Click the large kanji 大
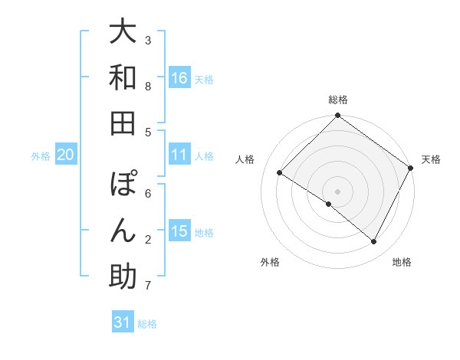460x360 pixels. click(x=123, y=32)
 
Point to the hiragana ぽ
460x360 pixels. click(x=123, y=185)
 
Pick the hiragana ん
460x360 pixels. click(x=123, y=230)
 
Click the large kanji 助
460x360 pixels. click(x=123, y=277)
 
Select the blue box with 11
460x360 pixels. click(x=179, y=155)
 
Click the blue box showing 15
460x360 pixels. click(x=179, y=231)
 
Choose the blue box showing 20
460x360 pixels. click(x=66, y=155)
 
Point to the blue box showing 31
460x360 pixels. click(x=123, y=322)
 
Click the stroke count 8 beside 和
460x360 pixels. click(x=148, y=87)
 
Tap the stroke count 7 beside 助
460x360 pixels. click(x=148, y=286)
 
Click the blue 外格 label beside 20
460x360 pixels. click(x=41, y=155)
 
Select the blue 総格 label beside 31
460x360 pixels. click(x=147, y=323)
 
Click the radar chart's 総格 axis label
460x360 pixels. click(x=338, y=100)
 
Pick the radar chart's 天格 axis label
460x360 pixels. click(x=431, y=159)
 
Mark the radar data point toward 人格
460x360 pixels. click(x=280, y=173)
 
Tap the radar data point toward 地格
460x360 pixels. click(x=374, y=242)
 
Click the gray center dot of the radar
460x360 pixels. click(x=338, y=191)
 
